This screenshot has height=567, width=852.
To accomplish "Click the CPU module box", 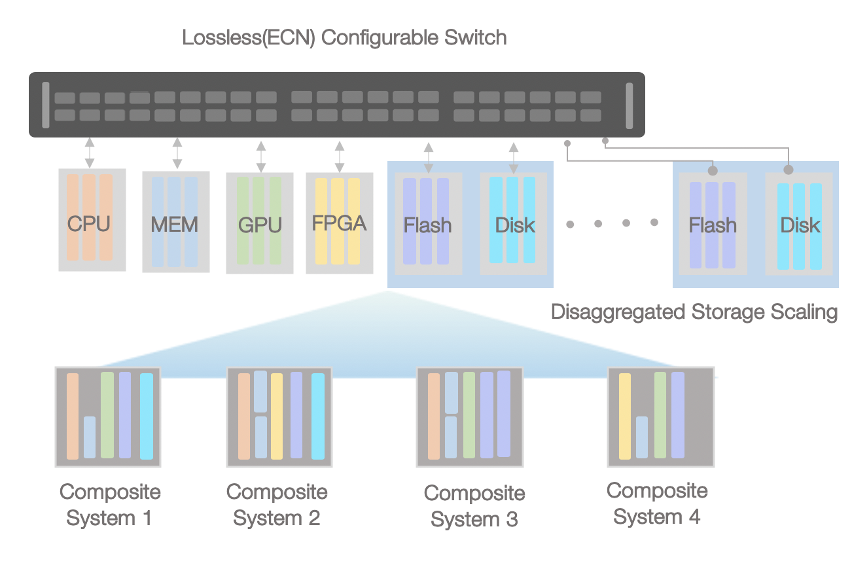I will click(x=92, y=219).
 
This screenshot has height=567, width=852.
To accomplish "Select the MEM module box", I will click(x=175, y=221).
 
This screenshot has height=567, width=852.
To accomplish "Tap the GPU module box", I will click(x=259, y=223).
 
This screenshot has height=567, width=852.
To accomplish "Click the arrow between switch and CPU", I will click(x=90, y=152).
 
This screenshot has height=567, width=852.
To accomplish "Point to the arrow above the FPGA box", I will click(x=339, y=156).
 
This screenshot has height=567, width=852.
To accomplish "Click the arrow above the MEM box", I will click(x=177, y=153).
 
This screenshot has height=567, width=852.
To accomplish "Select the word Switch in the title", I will click(x=475, y=37).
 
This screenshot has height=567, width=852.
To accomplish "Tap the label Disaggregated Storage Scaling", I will click(x=694, y=312).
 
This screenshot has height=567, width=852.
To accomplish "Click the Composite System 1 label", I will click(x=109, y=505).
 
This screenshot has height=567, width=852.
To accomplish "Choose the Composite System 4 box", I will click(x=660, y=416).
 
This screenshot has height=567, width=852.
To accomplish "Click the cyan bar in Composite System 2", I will click(x=318, y=416).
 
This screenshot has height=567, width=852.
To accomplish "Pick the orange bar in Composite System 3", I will click(x=433, y=416).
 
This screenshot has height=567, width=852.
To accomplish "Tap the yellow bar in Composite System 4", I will click(x=624, y=416).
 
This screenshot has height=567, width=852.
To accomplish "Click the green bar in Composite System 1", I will click(x=107, y=414).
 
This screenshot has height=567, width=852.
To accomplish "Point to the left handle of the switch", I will click(x=46, y=105).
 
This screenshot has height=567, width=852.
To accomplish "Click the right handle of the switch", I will click(x=629, y=105).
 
